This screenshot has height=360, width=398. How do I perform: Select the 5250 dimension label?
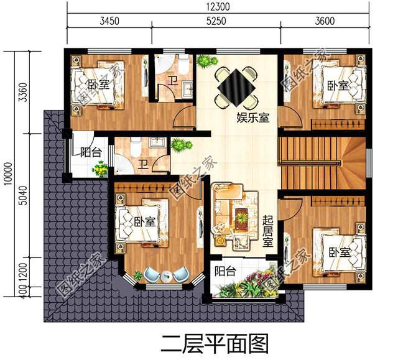click(216, 21)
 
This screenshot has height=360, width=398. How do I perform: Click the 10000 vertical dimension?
click(7, 173)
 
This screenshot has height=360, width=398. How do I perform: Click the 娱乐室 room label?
click(252, 118)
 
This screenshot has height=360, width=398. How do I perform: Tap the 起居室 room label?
click(267, 231)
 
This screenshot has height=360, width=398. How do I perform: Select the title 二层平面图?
click(214, 343)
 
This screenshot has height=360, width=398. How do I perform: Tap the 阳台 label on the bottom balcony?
click(224, 271)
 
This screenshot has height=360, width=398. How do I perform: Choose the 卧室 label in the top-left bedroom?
click(98, 85)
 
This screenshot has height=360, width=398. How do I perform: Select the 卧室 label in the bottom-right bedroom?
click(340, 252)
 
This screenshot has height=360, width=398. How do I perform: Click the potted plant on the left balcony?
click(99, 168)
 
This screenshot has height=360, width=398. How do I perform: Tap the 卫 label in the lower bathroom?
click(143, 164)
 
